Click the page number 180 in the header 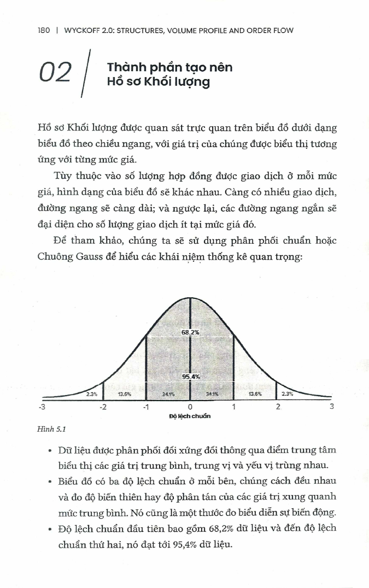tap(44, 31)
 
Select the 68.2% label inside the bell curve tap(190, 332)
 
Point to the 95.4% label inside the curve tap(190, 377)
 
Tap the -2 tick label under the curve tap(102, 407)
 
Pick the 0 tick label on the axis tap(190, 407)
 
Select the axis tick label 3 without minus tap(331, 407)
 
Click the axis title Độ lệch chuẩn tap(190, 416)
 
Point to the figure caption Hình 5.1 tap(48, 430)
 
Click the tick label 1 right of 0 tap(234, 407)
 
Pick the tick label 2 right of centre tap(278, 407)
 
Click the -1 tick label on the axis tap(145, 407)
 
